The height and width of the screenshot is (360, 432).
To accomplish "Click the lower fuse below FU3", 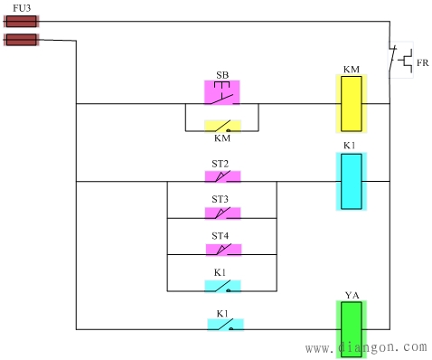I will click(x=21, y=40).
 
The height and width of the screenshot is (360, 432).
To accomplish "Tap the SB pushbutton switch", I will click(x=222, y=93).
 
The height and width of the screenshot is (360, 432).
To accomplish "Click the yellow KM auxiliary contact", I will click(x=222, y=128).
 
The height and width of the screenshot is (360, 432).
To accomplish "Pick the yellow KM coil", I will click(x=351, y=103).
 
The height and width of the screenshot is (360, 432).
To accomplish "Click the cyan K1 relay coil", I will click(x=351, y=181).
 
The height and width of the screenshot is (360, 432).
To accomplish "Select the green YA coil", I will click(x=351, y=329).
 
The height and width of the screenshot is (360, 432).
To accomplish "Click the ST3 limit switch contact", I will click(x=222, y=213).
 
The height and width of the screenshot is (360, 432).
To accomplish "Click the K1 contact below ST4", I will click(x=222, y=286).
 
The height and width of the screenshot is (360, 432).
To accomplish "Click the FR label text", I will click(x=422, y=63).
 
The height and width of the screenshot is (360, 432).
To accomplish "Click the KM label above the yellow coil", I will click(x=351, y=69).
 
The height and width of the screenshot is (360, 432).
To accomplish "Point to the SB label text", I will click(x=221, y=74).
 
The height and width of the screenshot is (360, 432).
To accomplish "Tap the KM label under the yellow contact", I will click(x=222, y=139).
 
